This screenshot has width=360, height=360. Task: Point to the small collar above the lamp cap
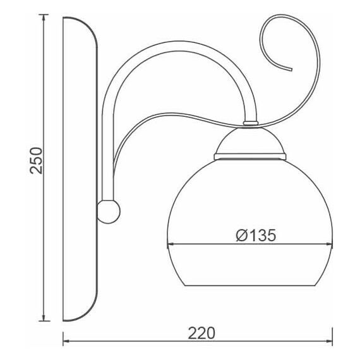tap(251, 119)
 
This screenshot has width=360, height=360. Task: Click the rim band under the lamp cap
tap(249, 155)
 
